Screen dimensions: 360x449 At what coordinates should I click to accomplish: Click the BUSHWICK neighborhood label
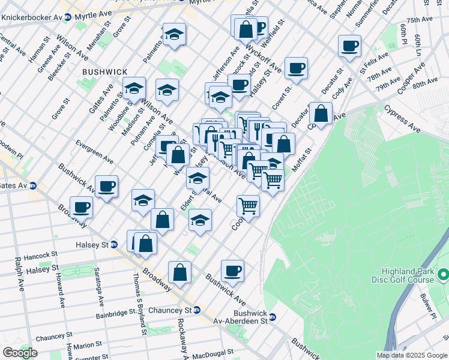pos(100,71)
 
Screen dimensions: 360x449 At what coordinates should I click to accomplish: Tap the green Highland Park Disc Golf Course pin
pos(444,275)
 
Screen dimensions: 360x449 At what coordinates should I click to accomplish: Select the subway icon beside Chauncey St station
pos(204,310)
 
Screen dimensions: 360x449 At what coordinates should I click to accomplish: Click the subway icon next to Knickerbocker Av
pos(68,17)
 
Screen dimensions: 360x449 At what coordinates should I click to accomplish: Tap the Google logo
pos(20,353)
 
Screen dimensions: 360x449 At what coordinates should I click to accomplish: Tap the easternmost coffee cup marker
pos(349,46)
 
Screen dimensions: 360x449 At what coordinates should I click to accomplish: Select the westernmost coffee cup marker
pos(81,207)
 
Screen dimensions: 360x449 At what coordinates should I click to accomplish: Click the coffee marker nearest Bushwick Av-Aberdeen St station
pos(232,270)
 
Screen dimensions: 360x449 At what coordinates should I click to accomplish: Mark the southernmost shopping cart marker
pos(248,206)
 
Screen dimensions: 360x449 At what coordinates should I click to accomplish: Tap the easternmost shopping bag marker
pos(321,113)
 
